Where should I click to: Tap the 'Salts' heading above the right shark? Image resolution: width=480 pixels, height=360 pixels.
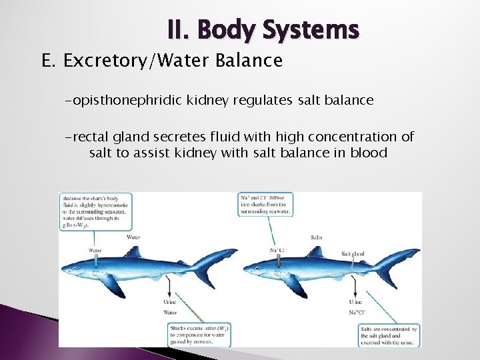point(317,237)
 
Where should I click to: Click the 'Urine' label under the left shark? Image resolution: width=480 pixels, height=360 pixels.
point(170,302)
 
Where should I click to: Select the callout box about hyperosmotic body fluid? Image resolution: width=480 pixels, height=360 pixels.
point(95,211)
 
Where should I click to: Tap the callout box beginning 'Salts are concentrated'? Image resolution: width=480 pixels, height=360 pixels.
point(387,335)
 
